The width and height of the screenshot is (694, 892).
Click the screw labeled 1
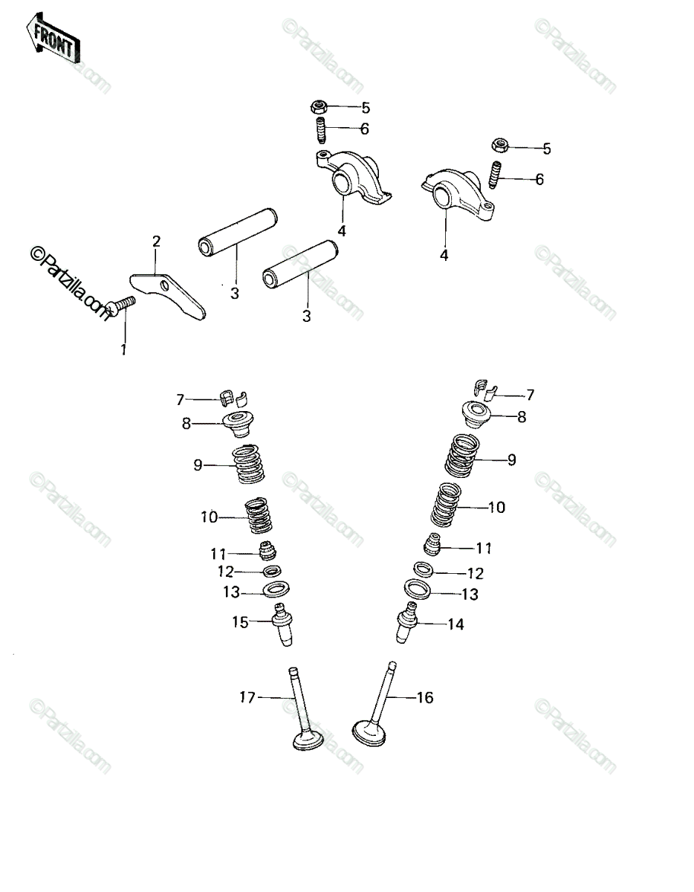click(x=120, y=306)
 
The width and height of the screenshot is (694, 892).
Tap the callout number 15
click(x=240, y=622)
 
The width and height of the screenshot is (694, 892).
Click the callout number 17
click(x=247, y=697)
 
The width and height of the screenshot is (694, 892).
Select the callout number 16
click(x=425, y=697)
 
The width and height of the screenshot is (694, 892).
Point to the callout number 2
click(x=156, y=241)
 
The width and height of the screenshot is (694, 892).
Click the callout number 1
click(x=123, y=349)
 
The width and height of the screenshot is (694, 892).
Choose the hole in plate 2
click(x=164, y=285)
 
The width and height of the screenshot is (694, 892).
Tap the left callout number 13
click(x=231, y=592)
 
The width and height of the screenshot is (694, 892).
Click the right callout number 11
click(x=483, y=548)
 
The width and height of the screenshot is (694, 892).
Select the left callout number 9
click(x=198, y=465)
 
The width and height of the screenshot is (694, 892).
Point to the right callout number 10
click(x=496, y=508)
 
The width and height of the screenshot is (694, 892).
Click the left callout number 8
click(x=187, y=423)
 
